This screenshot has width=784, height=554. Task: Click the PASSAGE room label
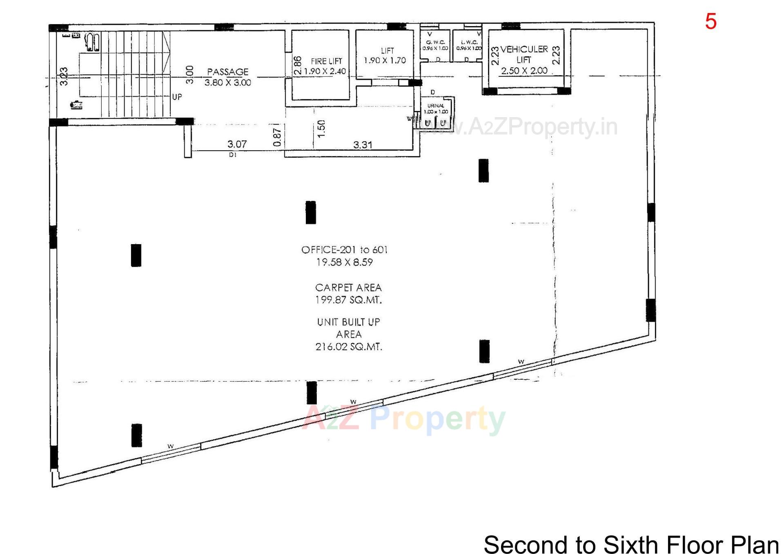[x=227, y=72]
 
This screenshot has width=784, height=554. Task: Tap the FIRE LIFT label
[x=326, y=61]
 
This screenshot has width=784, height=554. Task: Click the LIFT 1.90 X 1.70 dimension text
[x=385, y=60]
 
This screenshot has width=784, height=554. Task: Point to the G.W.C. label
[x=435, y=42]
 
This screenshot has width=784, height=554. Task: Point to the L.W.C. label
[x=469, y=42]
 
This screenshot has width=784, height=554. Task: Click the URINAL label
[x=436, y=106]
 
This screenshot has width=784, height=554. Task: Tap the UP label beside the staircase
[x=177, y=97]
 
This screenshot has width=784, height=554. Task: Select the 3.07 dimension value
[x=237, y=144]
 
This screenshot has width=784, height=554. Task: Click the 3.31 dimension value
[x=363, y=145]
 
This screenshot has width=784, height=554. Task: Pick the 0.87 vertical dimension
[x=277, y=137]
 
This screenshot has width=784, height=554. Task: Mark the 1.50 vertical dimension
[x=321, y=129]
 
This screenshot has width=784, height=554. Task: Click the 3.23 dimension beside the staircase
[x=64, y=76]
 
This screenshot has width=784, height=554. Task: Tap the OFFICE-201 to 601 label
[x=344, y=250]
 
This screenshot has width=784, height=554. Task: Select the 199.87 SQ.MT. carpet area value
[x=348, y=300]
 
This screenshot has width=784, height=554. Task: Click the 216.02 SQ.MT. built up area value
[x=349, y=347]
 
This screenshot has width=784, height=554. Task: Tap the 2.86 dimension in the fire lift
[x=298, y=65]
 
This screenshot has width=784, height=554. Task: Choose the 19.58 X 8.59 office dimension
[x=344, y=262]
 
